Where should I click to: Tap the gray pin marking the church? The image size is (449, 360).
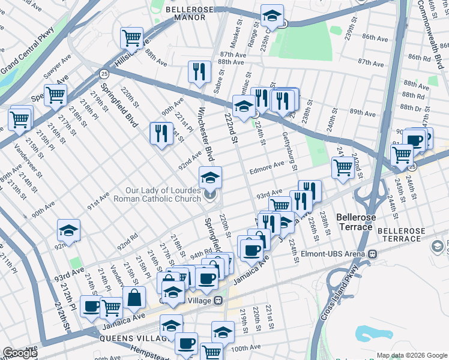[x=210, y=194]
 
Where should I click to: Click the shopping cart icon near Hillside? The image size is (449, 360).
[x=131, y=38]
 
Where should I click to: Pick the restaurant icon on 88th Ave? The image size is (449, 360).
[x=199, y=71]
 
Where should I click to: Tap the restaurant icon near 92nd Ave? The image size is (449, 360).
[x=161, y=133]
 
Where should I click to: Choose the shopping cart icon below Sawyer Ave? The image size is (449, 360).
[x=55, y=94]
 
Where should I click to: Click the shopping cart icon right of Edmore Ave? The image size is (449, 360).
[x=343, y=167]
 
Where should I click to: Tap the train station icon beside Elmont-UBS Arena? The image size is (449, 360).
[x=373, y=254]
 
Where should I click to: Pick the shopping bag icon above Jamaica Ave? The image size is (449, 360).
[x=134, y=296]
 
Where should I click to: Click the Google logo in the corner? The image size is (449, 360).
[x=20, y=353]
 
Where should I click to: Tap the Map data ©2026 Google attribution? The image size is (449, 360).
[x=412, y=355]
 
